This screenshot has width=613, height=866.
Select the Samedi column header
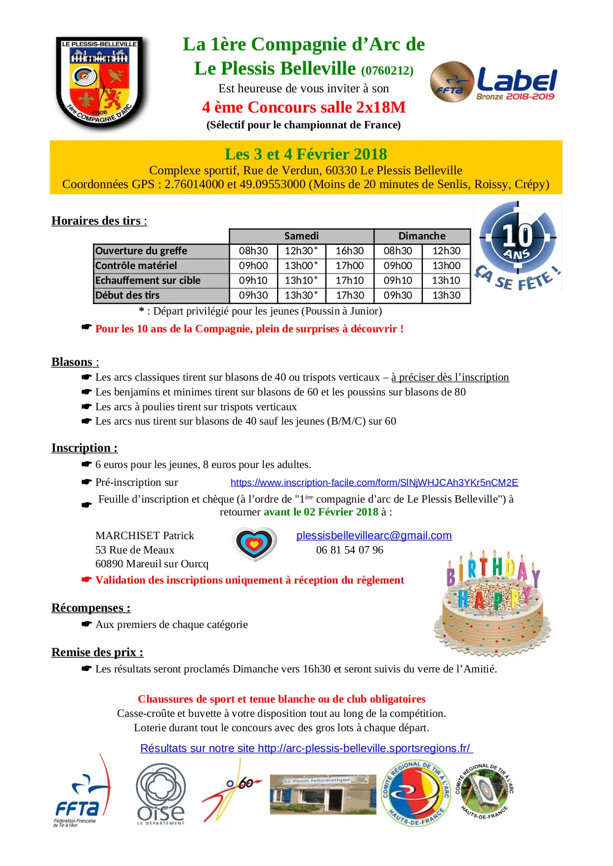click(x=301, y=236)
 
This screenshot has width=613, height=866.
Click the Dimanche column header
click(x=422, y=236)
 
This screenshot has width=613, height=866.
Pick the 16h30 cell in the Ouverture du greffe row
click(x=349, y=251)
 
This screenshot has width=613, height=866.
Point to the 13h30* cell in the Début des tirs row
click(x=301, y=295)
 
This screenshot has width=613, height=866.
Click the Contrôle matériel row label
click(x=136, y=266)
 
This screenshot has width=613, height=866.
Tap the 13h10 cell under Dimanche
click(x=446, y=280)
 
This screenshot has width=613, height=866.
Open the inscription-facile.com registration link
click(x=374, y=482)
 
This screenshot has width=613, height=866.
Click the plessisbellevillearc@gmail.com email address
click(x=374, y=536)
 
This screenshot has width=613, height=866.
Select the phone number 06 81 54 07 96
click(x=350, y=550)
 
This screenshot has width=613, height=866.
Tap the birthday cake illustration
click(x=492, y=603)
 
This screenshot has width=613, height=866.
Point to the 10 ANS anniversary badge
click(x=517, y=245)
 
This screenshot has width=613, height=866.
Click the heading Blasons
click(x=72, y=362)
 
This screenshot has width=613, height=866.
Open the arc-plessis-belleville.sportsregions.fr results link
click(x=306, y=748)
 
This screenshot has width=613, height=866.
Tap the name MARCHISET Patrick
click(x=145, y=536)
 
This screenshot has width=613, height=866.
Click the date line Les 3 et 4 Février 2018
click(x=306, y=154)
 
